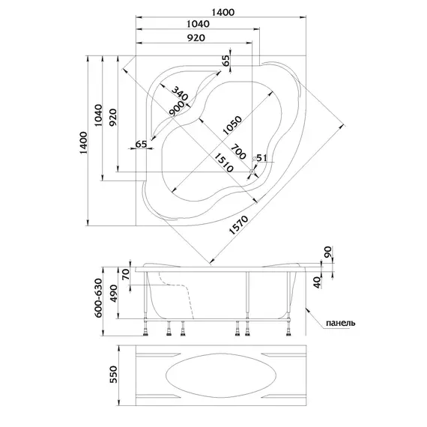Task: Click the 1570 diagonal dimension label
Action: coord(238,225)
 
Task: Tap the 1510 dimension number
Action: coord(224,163)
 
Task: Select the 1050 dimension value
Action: coord(232,126)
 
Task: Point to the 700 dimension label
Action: coord(238,151)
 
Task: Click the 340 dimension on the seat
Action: coord(180,94)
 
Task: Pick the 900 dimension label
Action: coord(176,109)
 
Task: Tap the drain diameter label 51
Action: coord(261,157)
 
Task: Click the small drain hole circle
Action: coord(252,172)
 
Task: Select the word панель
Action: coord(340,323)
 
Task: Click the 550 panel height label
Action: coord(113,375)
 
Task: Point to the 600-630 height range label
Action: coord(99,298)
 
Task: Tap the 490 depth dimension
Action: coord(113,294)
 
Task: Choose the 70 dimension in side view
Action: coord(126,274)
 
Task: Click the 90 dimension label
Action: coord(328,252)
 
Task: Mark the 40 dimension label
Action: coord(318,282)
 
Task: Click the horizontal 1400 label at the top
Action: coord(222,12)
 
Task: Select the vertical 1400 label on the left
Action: coord(83,142)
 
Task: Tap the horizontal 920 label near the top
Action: coord(196,38)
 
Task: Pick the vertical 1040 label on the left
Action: coord(98,115)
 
